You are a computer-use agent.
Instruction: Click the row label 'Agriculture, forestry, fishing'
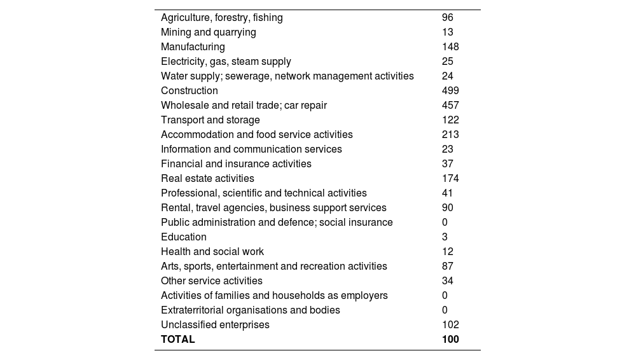coord(221,18)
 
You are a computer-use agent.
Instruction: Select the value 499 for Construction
coord(450,91)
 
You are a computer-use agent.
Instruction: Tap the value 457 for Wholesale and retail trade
coord(450,106)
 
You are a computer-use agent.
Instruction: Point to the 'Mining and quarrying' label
coord(208,32)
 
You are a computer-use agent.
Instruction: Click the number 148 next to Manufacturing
coord(450,47)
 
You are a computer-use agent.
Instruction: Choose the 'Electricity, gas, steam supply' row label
coord(226,62)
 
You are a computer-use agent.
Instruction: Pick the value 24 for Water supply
coord(448,76)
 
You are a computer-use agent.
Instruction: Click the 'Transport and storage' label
coord(210,120)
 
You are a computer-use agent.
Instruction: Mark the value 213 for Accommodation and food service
coord(450,135)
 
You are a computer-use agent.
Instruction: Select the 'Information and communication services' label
coord(251,149)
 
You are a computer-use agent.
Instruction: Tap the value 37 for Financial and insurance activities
coord(448,164)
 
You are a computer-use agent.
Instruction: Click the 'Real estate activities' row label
coord(207,179)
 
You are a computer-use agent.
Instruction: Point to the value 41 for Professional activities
coord(448,193)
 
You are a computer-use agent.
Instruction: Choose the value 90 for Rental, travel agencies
coord(448,208)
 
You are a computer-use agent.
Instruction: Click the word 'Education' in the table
coord(183,237)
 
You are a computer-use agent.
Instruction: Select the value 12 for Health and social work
coord(448,252)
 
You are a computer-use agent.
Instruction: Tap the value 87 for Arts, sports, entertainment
coord(448,267)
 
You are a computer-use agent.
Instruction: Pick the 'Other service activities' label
coord(211,281)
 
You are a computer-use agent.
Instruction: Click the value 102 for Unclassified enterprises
coord(450,325)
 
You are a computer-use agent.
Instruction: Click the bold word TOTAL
coord(177,340)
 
